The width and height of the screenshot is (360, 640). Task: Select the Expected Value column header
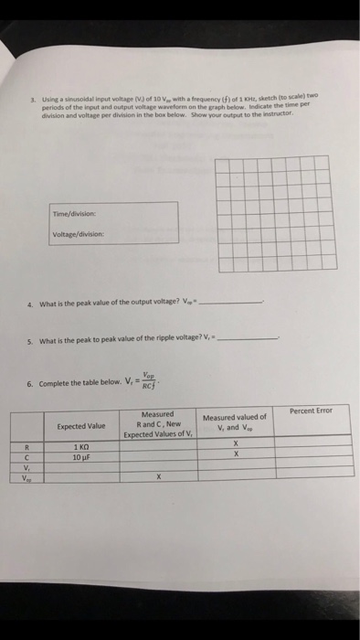pyautogui.click(x=81, y=427)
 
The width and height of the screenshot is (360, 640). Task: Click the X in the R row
pyautogui.click(x=236, y=442)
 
